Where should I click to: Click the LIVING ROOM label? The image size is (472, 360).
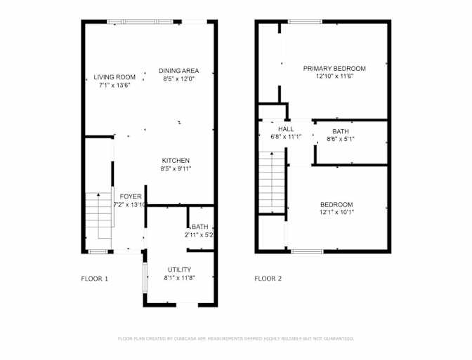click(x=114, y=77)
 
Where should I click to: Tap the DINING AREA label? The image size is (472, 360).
click(x=179, y=71)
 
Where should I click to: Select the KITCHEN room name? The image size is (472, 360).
click(x=176, y=160)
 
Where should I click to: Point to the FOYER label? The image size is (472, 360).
click(x=131, y=196)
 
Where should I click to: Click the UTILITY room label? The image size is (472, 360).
click(x=179, y=269)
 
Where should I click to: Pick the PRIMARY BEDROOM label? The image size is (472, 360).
click(x=334, y=68)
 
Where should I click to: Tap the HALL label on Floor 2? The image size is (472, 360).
click(x=286, y=129)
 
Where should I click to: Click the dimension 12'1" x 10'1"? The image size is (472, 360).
click(x=336, y=213)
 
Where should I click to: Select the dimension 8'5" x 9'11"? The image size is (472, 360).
click(x=176, y=168)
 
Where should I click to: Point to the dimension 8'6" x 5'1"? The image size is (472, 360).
click(x=341, y=139)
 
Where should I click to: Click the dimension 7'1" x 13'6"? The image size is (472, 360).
click(x=114, y=85)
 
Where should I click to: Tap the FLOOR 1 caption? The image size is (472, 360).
click(x=94, y=279)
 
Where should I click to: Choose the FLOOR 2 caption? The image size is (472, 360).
click(x=268, y=279)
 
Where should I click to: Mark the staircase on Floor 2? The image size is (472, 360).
click(x=272, y=182)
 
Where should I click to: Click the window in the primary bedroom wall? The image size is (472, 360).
click(x=306, y=21)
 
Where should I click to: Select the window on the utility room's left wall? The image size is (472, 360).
click(x=145, y=278)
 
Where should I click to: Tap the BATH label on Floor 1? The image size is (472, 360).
click(x=200, y=227)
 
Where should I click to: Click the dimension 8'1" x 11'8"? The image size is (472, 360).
click(x=179, y=278)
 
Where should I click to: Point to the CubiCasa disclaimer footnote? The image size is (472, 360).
click(x=236, y=339)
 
